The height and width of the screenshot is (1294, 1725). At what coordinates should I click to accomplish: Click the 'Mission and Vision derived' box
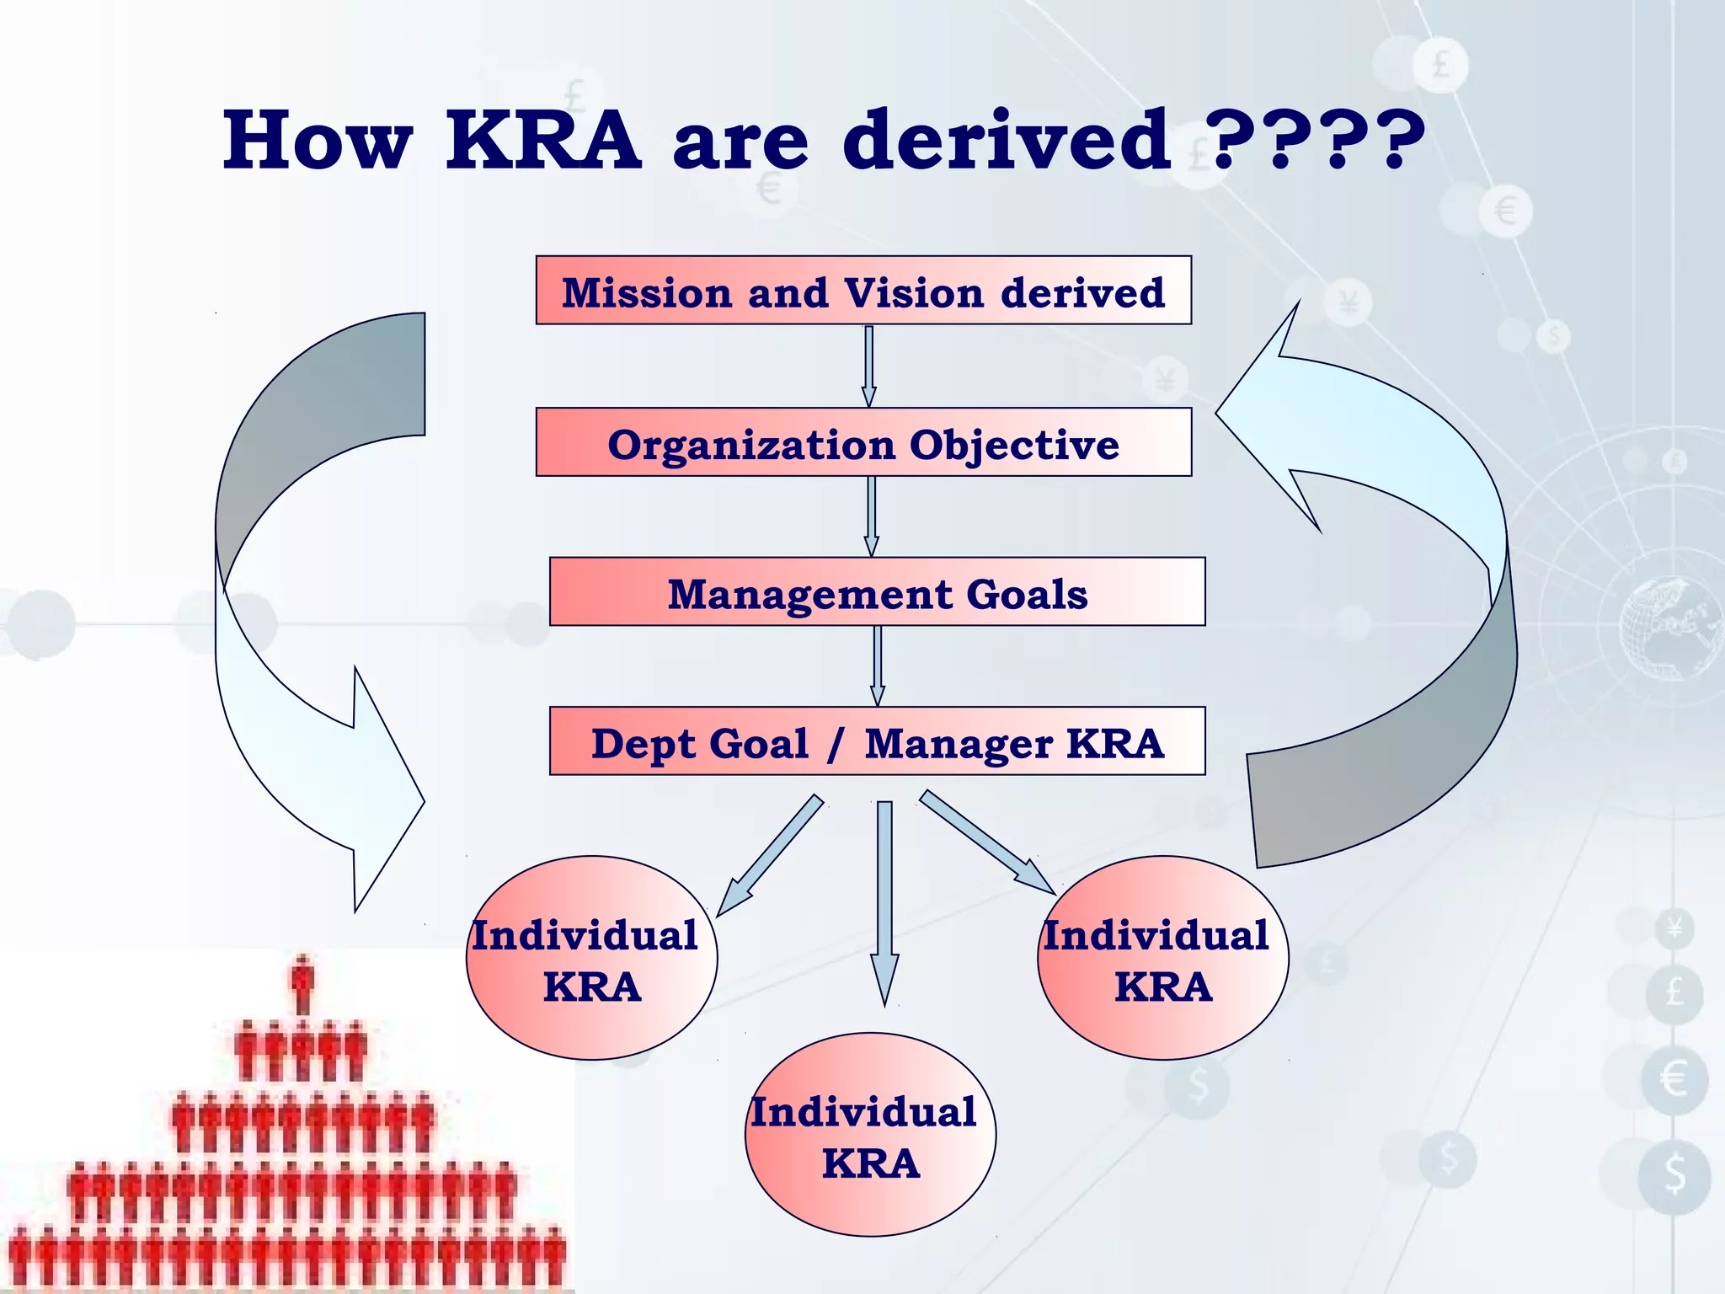pyautogui.click(x=863, y=291)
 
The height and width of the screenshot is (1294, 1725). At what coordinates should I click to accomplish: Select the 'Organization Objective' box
pyautogui.click(x=863, y=442)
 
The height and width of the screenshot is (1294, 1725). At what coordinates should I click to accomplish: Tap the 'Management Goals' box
pyautogui.click(x=877, y=591)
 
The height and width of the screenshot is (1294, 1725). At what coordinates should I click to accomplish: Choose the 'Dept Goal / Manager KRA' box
pyautogui.click(x=877, y=741)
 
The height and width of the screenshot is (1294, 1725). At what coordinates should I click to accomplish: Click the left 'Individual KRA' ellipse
pyautogui.click(x=591, y=958)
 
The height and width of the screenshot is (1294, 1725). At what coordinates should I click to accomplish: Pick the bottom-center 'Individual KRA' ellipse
pyautogui.click(x=870, y=1135)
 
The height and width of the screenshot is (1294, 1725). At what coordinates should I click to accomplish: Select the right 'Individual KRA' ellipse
pyautogui.click(x=1162, y=958)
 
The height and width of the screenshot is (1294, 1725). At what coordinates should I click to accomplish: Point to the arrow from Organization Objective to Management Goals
pyautogui.click(x=871, y=516)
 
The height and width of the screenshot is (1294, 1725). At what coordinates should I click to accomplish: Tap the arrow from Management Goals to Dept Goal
pyautogui.click(x=877, y=666)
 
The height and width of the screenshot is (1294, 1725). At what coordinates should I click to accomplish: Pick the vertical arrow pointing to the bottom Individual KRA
pyautogui.click(x=884, y=901)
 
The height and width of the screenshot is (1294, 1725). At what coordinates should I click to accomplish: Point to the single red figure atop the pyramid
pyautogui.click(x=302, y=984)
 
